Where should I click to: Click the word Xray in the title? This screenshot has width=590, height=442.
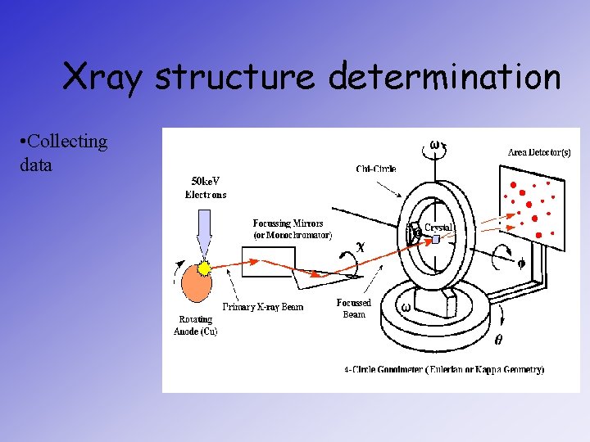click(x=104, y=78)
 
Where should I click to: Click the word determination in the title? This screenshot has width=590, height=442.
click(x=444, y=78)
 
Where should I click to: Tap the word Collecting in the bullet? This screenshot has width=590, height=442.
click(x=66, y=142)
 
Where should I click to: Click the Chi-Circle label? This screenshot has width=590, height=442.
click(x=376, y=169)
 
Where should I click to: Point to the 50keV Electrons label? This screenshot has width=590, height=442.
click(x=206, y=187)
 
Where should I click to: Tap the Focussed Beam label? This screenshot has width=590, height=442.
click(x=353, y=309)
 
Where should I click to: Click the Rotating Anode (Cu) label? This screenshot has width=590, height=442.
click(x=195, y=325)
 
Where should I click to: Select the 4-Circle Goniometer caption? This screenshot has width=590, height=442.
click(x=443, y=370)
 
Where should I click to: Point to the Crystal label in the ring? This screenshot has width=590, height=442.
click(x=438, y=227)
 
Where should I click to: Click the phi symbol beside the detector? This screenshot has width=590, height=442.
click(x=521, y=263)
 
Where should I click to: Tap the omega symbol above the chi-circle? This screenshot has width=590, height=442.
click(x=433, y=145)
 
